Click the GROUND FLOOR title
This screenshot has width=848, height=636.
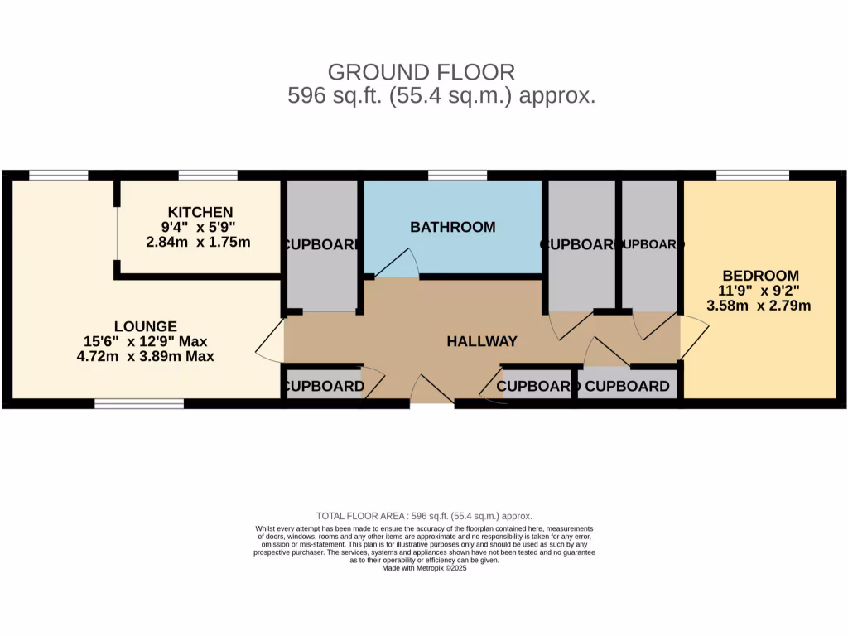(422, 72)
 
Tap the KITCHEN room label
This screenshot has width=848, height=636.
(200, 212)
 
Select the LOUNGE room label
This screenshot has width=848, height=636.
(146, 325)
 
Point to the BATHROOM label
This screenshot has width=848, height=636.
(453, 227)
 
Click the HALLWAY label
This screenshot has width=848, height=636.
(482, 341)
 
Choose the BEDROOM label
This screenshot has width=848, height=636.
(760, 276)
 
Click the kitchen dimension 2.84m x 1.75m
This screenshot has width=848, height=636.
(198, 243)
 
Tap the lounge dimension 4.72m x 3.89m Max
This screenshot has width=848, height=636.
(146, 357)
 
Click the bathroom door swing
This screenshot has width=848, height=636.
(398, 263)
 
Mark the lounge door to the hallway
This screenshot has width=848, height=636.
(270, 340)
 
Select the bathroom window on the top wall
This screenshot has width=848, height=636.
(457, 175)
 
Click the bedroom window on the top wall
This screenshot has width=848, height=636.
(752, 175)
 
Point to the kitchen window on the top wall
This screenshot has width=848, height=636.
(208, 175)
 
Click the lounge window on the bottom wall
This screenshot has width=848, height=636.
(138, 403)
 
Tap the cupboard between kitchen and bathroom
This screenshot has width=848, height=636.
(321, 246)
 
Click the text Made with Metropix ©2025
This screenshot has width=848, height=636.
(424, 569)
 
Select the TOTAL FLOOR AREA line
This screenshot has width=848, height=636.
(424, 515)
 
